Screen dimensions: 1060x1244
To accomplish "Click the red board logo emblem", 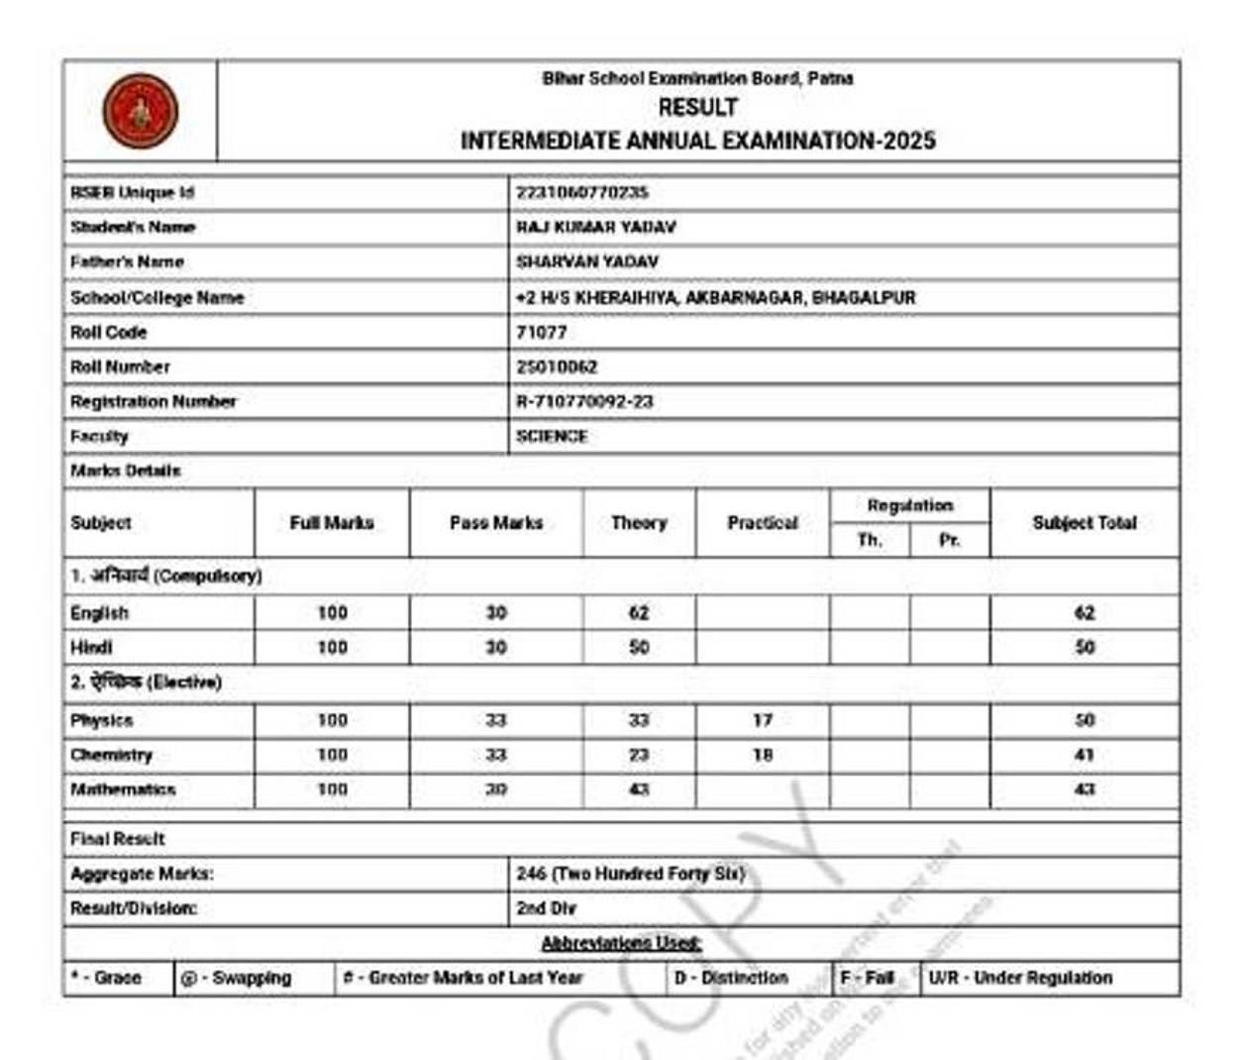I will point(140,111).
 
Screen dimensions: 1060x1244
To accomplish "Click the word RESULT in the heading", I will point(697,107).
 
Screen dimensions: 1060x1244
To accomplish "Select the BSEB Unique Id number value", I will point(581,192).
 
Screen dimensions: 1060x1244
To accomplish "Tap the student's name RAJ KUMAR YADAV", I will point(595,227).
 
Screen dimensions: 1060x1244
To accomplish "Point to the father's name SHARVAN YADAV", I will point(586,262).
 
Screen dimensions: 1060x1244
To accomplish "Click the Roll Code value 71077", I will point(541,332).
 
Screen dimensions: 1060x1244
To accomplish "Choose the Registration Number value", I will point(584,401).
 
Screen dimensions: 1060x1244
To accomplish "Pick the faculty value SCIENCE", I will point(551,436).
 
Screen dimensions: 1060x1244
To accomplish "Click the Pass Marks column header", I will point(495,522).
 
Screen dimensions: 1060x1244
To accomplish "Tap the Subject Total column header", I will point(1084,522).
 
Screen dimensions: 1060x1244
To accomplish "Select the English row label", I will point(99,612).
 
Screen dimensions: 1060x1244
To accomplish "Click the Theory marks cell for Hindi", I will point(639,647).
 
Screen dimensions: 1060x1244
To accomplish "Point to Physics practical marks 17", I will point(762,720).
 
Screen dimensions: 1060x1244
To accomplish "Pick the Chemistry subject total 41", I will point(1084,755).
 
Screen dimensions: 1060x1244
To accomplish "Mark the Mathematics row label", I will point(123,790).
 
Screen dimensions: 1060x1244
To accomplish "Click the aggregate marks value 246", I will point(630,874).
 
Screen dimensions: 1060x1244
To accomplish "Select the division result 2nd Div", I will point(546,908).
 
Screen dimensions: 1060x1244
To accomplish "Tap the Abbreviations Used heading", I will point(621,942).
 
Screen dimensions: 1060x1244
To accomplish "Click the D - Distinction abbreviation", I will point(731,978).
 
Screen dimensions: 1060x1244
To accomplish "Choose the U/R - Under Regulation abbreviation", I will point(1020,978).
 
